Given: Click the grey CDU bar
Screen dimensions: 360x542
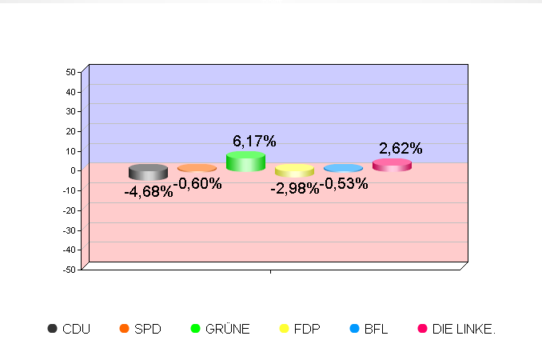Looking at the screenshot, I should click(x=148, y=172).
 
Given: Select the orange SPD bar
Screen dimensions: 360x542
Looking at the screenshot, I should click(x=197, y=168).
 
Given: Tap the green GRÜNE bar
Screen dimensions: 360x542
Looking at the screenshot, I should click(x=245, y=162).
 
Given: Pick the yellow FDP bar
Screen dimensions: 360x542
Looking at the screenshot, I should click(x=294, y=170).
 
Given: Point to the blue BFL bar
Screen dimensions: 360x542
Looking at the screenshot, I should click(x=343, y=168).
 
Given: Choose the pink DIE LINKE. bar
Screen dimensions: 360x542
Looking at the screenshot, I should click(x=392, y=165).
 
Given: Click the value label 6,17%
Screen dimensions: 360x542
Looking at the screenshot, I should click(x=254, y=142).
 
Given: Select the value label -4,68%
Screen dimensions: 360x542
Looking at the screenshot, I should click(x=148, y=192).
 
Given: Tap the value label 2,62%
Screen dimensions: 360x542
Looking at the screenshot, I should click(x=401, y=148).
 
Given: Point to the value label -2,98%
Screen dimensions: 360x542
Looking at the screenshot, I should click(x=294, y=189).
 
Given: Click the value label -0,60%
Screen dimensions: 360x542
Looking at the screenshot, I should click(x=197, y=184).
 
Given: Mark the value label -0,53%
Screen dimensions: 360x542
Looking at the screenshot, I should click(x=344, y=184).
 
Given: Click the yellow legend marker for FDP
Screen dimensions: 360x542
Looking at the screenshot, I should click(x=284, y=329).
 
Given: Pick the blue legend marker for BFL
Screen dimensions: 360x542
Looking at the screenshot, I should click(x=355, y=329).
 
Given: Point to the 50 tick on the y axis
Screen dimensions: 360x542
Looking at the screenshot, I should click(x=70, y=72).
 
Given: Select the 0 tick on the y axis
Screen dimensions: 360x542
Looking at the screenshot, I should click(x=73, y=170).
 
